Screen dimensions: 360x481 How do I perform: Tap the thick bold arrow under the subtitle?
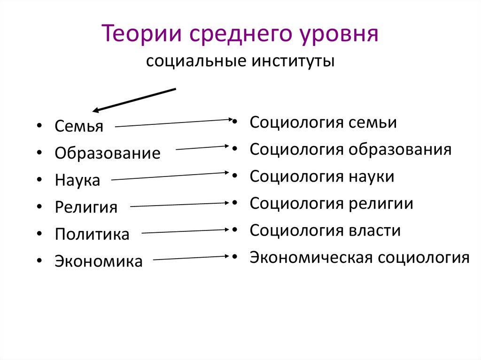pos(134,100)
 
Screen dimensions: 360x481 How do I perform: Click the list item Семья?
pos(78,126)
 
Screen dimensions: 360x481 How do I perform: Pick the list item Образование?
pos(107,153)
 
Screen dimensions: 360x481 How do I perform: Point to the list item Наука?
pos(78,181)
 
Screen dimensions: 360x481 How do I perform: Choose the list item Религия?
pos(86,207)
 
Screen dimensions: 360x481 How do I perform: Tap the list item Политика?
pos(92,234)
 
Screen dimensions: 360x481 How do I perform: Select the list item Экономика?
pos(98,261)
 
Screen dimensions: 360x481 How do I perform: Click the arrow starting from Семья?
pos(171,123)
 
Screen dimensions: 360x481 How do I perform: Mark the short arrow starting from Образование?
pos(202,148)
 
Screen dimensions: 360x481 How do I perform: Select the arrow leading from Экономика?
pos(191,258)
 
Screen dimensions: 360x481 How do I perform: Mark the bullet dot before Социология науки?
pos(233,177)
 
